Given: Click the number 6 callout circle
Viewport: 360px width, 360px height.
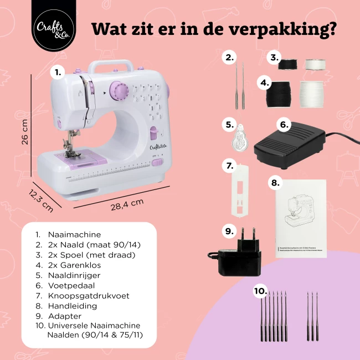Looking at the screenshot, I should pyautogui.click(x=284, y=125).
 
